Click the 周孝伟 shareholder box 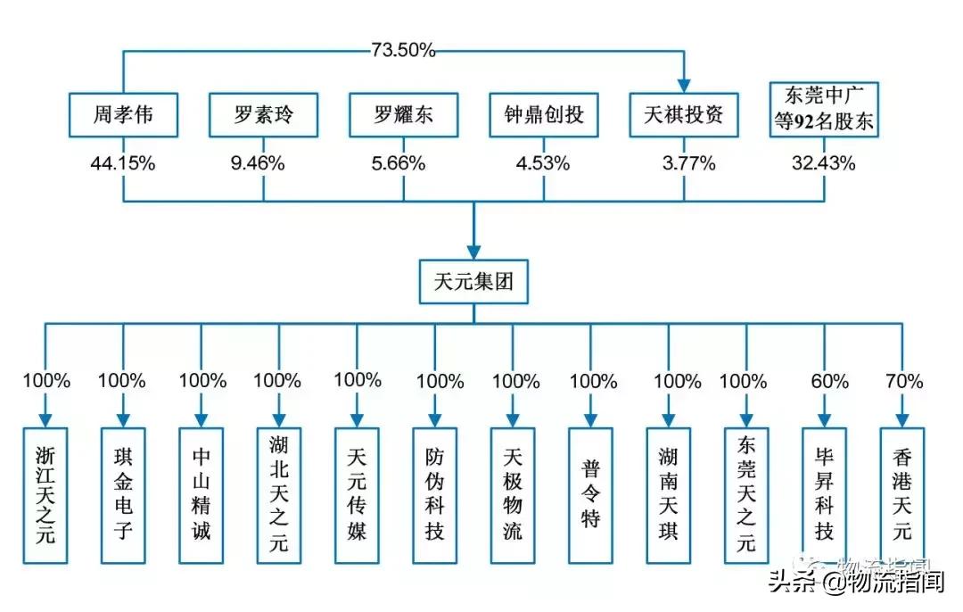[x=123, y=114]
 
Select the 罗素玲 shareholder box [x=263, y=114]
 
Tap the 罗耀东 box [x=403, y=114]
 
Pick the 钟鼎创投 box [x=544, y=114]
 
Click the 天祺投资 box [x=684, y=114]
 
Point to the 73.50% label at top [x=403, y=51]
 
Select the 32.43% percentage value [x=824, y=163]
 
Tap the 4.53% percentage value [x=544, y=163]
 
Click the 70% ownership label [x=903, y=381]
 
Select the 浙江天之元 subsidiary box [x=45, y=495]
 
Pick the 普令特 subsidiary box [x=590, y=495]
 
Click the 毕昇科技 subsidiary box [x=825, y=495]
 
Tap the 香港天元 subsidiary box [x=902, y=495]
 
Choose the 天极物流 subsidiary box [x=513, y=495]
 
